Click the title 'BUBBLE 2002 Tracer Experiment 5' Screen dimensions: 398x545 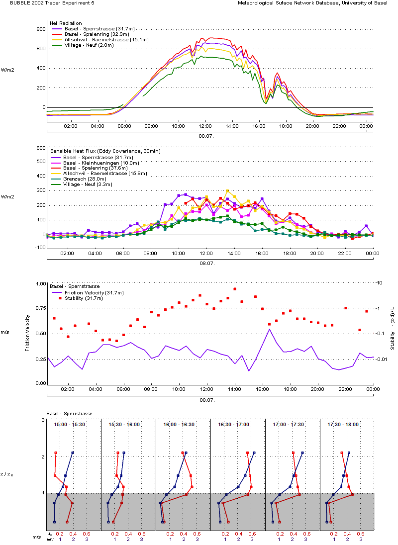(x=52, y=3)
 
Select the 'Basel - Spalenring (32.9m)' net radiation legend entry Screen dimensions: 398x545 (x=97, y=34)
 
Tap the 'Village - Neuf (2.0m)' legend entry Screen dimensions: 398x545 (x=89, y=45)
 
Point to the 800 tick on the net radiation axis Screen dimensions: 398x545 (x=41, y=29)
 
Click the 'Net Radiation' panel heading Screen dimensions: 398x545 (x=66, y=23)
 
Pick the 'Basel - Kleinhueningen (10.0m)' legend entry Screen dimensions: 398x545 (x=101, y=163)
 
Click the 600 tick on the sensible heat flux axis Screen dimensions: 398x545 (x=41, y=148)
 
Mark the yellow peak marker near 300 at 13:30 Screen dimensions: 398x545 (x=227, y=191)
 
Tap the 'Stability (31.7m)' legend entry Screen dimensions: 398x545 (x=84, y=298)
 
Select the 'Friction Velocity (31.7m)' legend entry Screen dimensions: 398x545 (x=94, y=293)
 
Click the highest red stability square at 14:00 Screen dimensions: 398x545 (x=235, y=289)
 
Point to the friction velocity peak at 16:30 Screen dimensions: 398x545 (x=269, y=329)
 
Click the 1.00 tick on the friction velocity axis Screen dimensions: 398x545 (x=41, y=283)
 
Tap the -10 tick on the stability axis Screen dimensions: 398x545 (x=379, y=283)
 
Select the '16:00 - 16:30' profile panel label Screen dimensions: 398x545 (x=179, y=424)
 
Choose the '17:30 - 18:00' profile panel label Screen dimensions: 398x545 (x=343, y=424)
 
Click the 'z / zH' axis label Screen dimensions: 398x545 (x=7, y=474)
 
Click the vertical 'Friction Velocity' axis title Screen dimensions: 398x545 (x=27, y=333)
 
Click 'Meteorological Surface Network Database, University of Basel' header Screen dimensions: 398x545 (x=312, y=3)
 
